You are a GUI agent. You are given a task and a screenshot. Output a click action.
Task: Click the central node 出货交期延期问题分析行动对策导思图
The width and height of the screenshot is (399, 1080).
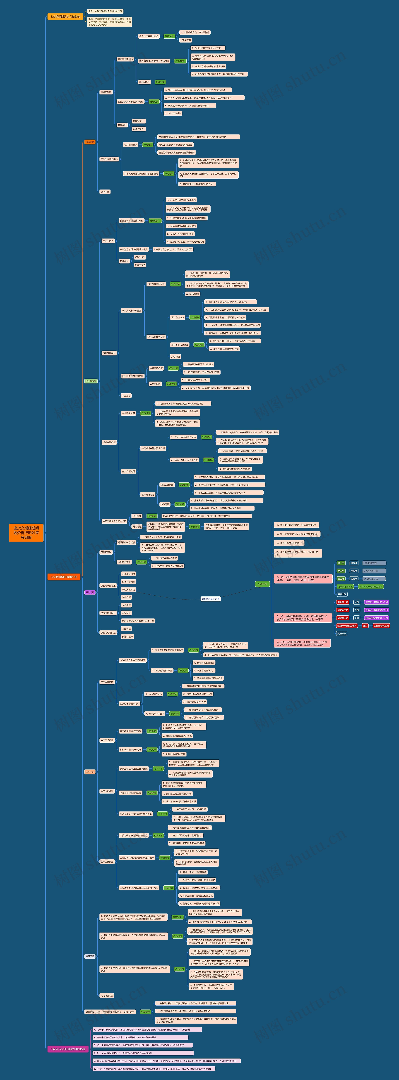point(26,532)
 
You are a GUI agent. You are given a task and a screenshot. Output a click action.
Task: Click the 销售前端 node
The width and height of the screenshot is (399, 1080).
point(90,142)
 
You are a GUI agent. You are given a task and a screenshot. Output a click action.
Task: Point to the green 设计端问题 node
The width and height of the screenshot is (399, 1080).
point(91,381)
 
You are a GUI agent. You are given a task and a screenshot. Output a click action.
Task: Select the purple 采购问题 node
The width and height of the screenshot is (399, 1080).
point(90,592)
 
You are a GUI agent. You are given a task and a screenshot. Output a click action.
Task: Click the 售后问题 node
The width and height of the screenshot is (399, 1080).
point(90,956)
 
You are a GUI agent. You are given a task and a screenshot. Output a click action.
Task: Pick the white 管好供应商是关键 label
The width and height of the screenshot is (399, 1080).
point(211,599)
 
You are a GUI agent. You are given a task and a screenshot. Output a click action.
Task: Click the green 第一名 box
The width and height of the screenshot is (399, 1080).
point(341,563)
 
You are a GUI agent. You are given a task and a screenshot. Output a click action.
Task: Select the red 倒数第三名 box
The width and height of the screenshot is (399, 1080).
point(342,618)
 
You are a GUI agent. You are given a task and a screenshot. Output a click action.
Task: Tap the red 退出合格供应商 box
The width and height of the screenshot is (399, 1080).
point(381,626)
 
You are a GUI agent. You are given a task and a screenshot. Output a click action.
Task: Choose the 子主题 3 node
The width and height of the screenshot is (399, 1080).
point(126,395)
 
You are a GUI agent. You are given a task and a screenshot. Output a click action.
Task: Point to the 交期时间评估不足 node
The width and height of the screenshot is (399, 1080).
point(109,159)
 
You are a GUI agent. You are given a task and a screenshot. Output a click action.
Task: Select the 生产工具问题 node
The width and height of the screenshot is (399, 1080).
point(107,862)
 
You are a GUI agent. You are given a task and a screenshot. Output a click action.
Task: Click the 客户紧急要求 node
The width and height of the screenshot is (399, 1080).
point(130,145)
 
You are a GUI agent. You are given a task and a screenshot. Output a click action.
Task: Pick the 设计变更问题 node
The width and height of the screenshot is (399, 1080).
point(109,442)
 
